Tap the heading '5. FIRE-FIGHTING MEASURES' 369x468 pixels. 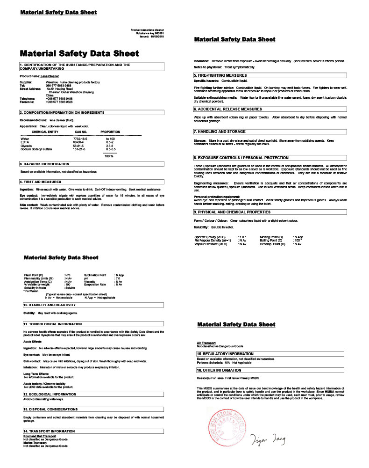tap(220, 75)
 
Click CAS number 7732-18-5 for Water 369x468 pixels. tap(80, 139)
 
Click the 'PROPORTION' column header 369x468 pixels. tap(110, 132)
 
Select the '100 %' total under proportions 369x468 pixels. tap(109, 156)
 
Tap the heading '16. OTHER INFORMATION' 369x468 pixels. tap(219, 370)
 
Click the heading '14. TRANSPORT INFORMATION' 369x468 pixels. tap(49, 431)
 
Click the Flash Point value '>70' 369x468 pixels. tap(68, 275)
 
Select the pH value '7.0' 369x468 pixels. tap(117, 278)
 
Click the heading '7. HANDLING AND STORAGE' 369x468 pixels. tap(220, 132)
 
